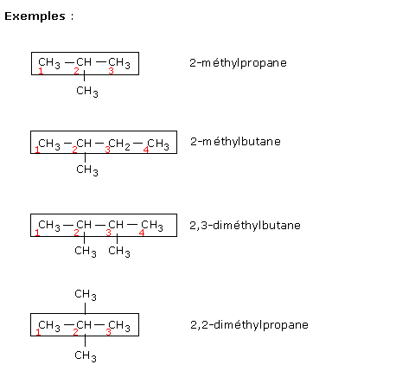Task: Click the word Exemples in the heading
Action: [x=35, y=16]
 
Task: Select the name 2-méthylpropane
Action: [x=238, y=63]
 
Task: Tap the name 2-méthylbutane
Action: [x=235, y=142]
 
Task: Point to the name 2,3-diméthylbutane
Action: [x=245, y=226]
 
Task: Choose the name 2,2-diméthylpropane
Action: [x=249, y=325]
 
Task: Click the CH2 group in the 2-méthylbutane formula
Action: [x=119, y=144]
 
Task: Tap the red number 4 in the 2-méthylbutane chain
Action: [x=146, y=150]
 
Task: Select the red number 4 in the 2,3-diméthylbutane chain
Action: [x=142, y=233]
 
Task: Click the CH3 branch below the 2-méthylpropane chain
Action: [x=87, y=92]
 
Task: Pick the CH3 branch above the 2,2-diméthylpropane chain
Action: [x=86, y=295]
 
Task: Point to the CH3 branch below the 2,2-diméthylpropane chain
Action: [x=86, y=356]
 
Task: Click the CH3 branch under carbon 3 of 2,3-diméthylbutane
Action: [x=119, y=252]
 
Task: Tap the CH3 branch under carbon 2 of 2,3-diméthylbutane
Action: [x=86, y=252]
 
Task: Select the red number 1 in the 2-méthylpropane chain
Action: [x=41, y=71]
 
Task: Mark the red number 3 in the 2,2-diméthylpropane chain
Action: [x=108, y=332]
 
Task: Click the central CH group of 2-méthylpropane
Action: [x=84, y=62]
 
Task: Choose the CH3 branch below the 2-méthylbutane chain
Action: [x=87, y=170]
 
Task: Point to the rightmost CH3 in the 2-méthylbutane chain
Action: [x=158, y=144]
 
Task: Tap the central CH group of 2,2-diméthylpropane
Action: [x=84, y=325]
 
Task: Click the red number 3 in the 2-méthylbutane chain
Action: [x=107, y=150]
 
